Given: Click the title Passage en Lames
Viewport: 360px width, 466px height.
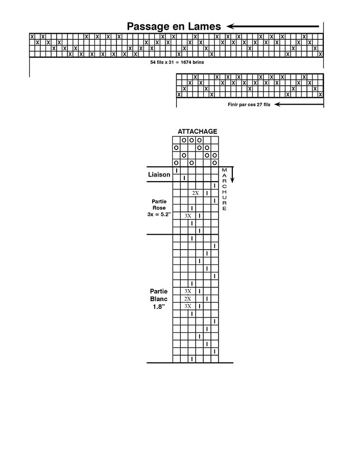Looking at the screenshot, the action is click(x=174, y=27).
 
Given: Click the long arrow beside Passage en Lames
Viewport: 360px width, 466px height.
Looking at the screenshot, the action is click(x=273, y=27).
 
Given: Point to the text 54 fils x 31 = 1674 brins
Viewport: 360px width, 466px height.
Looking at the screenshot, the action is click(x=177, y=62).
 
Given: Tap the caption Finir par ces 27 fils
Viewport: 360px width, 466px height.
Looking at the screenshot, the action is click(x=249, y=105).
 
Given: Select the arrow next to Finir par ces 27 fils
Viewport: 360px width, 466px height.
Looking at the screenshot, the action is click(x=299, y=104).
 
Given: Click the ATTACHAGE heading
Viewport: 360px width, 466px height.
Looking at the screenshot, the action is click(x=198, y=131).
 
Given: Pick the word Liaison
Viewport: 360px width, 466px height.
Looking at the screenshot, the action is click(x=159, y=175).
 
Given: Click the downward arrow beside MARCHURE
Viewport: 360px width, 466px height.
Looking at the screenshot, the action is click(x=232, y=175).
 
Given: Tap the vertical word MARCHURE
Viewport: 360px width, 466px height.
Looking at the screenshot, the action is click(x=224, y=189).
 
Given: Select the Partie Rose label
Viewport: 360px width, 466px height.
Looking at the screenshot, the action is click(x=159, y=205).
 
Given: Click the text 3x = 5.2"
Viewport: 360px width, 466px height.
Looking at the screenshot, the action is click(x=159, y=214).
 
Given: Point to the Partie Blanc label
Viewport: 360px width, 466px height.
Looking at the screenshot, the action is click(x=159, y=295).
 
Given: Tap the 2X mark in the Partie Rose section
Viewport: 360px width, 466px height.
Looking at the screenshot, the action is click(x=195, y=193).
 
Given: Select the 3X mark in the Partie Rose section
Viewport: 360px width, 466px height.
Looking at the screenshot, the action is click(x=188, y=216).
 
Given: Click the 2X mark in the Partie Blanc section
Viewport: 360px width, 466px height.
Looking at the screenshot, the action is click(x=187, y=299).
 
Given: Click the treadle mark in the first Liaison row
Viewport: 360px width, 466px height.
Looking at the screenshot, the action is click(x=177, y=170).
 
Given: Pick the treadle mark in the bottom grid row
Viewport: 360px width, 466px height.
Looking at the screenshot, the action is click(x=191, y=359).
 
